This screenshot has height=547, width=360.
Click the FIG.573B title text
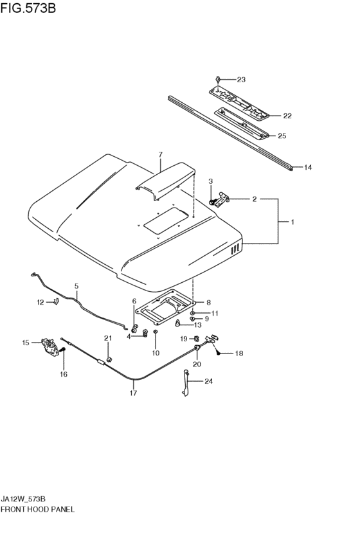coord(28,8)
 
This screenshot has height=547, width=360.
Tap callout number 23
coord(241,80)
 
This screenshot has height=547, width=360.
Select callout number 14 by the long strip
coord(307,168)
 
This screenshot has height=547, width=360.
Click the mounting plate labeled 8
coord(165,307)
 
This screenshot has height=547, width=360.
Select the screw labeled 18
coord(219,353)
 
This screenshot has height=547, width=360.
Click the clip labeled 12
coord(55,301)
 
